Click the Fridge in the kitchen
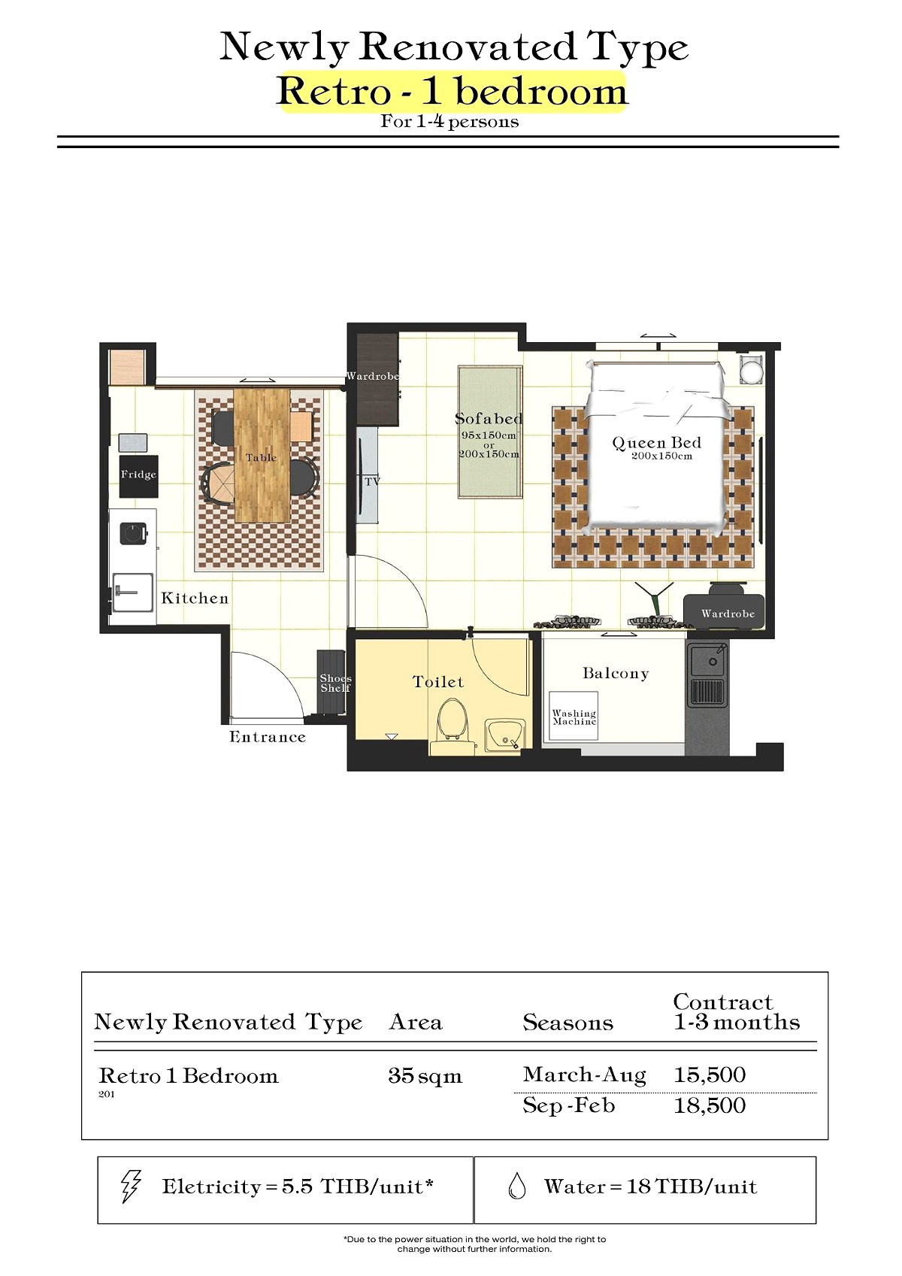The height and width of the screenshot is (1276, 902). point(138,476)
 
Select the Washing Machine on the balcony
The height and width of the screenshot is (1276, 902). point(574,716)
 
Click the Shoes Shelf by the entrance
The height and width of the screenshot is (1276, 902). point(331,681)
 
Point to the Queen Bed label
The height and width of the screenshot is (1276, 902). point(656,443)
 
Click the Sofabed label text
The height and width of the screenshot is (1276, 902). point(489,419)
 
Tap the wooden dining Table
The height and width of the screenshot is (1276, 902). point(262,455)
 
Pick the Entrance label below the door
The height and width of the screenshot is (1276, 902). point(268,737)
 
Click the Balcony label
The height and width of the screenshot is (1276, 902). point(616,673)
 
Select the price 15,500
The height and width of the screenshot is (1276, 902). point(710,1074)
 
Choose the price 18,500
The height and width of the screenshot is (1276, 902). point(710,1105)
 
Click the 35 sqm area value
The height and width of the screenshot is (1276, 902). point(425,1075)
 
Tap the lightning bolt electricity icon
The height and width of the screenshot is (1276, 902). point(131,1187)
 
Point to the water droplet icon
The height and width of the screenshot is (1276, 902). point(516,1187)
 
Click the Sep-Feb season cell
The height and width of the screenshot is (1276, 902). point(569,1105)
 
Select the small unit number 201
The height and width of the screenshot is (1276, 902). point(107,1094)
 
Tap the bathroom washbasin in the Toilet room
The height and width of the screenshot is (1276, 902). point(504,735)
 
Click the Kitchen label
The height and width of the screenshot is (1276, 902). point(195,598)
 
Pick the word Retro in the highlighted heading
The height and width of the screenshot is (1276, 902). point(334,91)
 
